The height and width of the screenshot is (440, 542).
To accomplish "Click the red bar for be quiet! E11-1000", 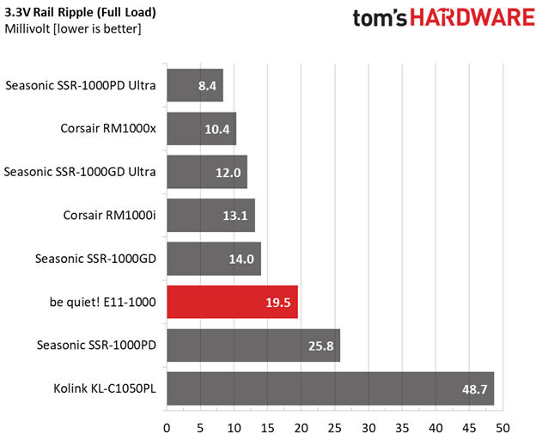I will [232, 302].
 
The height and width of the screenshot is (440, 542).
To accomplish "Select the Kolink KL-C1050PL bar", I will [330, 388].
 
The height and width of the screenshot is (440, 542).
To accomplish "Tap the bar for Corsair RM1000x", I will [201, 129].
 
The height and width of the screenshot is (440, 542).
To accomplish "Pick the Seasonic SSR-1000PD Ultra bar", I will [194, 86].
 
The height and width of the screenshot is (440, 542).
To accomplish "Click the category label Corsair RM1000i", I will [109, 215].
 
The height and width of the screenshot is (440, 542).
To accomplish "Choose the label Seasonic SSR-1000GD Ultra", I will [80, 172].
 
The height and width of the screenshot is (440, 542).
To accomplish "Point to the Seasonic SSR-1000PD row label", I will [96, 345].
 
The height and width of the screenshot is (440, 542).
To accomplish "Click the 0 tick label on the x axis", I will [167, 426].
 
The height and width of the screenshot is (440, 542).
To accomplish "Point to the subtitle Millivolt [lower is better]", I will [72, 29].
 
